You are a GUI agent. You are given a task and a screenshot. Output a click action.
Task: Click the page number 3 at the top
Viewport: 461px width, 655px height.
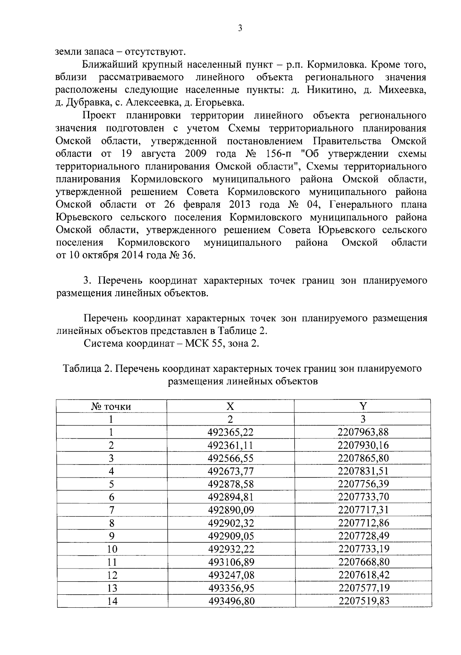pyautogui.click(x=240, y=28)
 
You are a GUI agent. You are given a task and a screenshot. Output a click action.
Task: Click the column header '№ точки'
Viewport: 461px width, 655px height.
pyautogui.click(x=111, y=406)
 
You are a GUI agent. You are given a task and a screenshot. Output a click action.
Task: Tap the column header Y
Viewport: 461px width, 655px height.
pyautogui.click(x=363, y=406)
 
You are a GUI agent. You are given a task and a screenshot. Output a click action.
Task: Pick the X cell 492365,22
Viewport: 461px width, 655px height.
pyautogui.click(x=230, y=432)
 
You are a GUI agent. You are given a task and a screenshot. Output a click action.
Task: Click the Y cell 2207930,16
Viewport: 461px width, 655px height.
pyautogui.click(x=363, y=445)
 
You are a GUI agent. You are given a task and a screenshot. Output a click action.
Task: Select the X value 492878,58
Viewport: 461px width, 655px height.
pyautogui.click(x=230, y=484)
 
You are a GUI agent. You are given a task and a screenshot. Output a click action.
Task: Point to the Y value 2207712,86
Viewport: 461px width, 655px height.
pyautogui.click(x=363, y=523)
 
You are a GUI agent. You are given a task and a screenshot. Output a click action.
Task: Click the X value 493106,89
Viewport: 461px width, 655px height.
pyautogui.click(x=230, y=562)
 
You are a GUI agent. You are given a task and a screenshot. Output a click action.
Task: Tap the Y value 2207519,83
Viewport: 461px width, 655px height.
pyautogui.click(x=363, y=601)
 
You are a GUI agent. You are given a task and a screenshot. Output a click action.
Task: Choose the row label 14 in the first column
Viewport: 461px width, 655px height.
pyautogui.click(x=112, y=601)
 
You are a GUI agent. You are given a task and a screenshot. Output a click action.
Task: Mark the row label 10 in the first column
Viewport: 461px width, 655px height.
pyautogui.click(x=112, y=549)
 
